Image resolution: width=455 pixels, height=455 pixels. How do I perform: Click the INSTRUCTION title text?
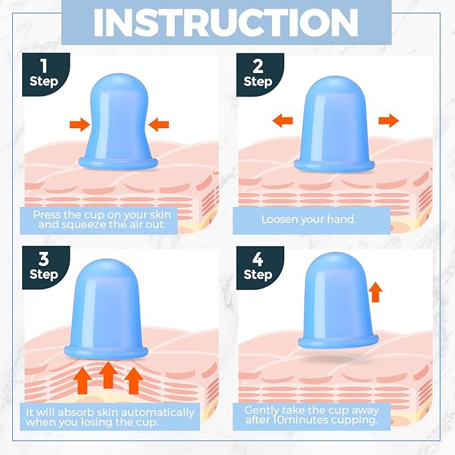(x=226, y=22)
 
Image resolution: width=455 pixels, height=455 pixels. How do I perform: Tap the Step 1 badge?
(x=46, y=74)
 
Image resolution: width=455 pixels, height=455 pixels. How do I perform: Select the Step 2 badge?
(x=260, y=74)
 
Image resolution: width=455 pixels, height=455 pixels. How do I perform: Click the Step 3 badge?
(x=46, y=267)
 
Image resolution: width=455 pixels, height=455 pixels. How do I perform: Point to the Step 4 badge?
(x=260, y=268)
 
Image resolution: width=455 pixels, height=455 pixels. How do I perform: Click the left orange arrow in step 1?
(x=80, y=125)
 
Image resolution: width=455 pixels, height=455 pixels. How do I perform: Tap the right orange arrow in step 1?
(x=158, y=125)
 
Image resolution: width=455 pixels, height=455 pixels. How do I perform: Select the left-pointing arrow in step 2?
(x=283, y=121)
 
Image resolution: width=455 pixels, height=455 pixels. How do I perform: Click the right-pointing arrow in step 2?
(x=389, y=121)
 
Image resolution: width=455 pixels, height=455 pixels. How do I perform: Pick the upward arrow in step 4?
(x=375, y=292)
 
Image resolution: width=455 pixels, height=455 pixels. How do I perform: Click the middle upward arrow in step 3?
(x=109, y=375)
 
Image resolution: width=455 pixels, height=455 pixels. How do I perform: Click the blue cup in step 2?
(x=334, y=124)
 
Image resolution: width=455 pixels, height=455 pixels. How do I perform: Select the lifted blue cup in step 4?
(x=338, y=300)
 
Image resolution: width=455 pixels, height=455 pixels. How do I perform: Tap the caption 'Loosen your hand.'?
(x=309, y=219)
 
